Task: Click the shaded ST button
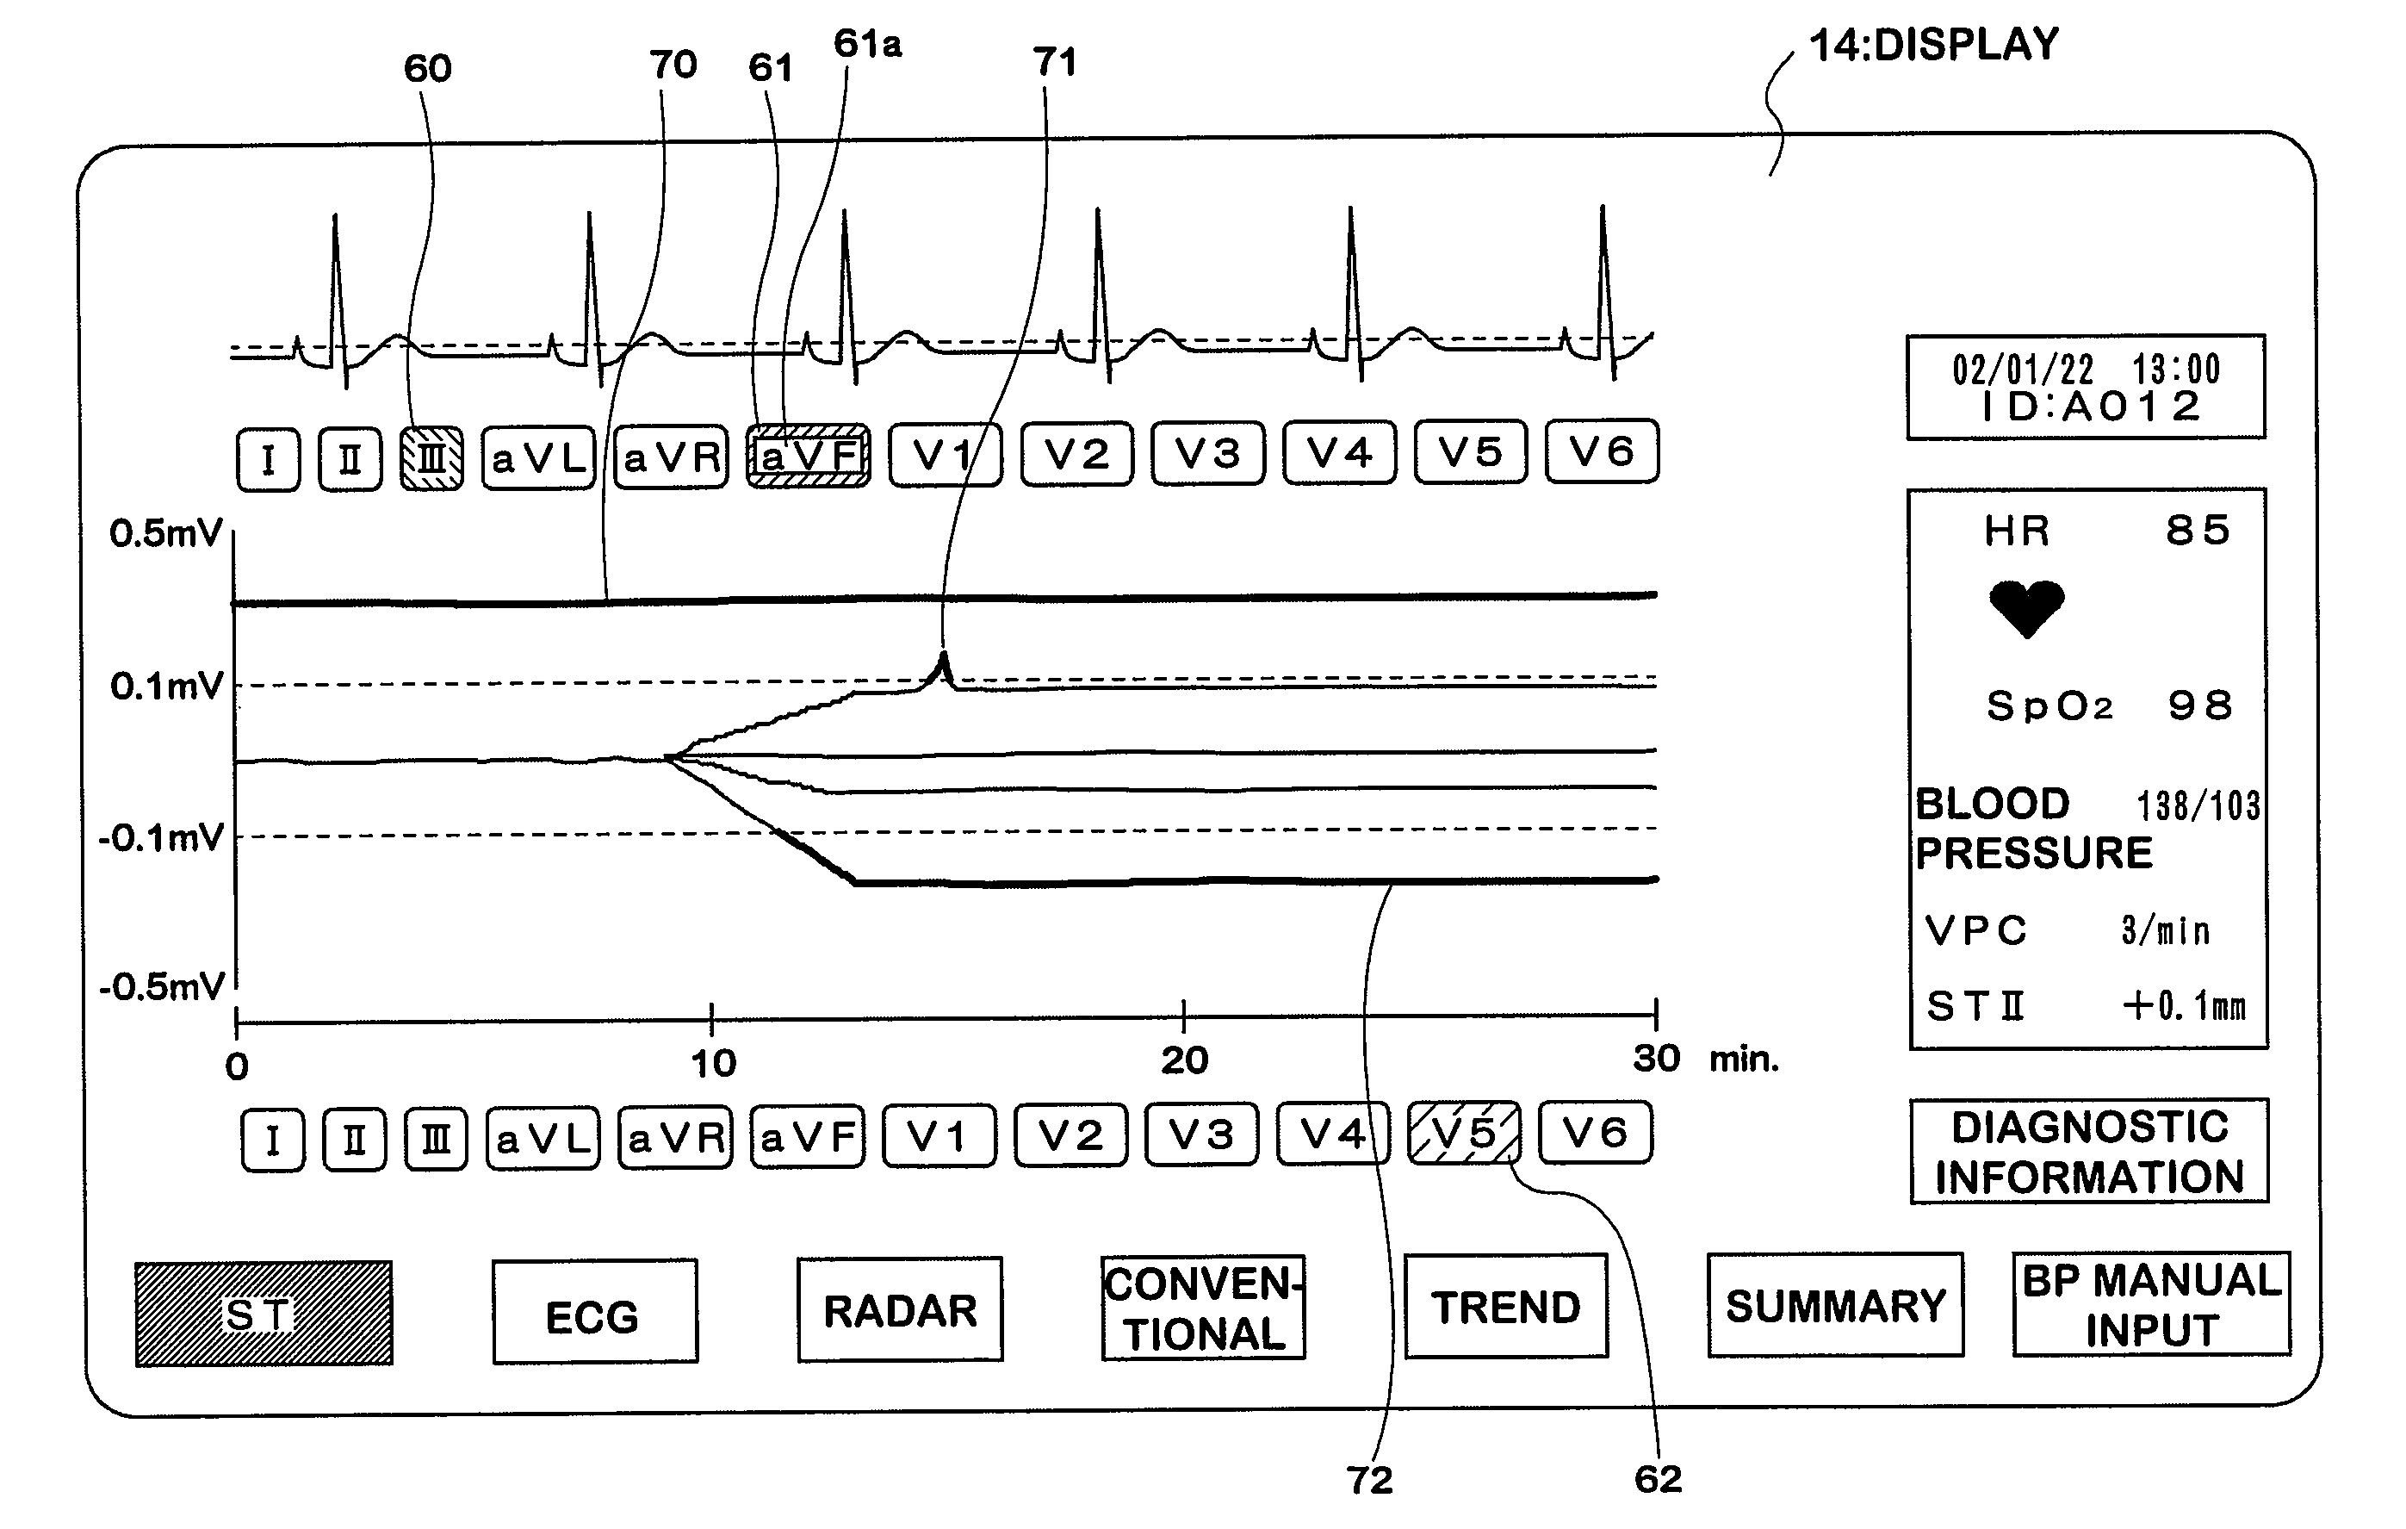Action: point(264,1313)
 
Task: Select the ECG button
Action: point(594,1311)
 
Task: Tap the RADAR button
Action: point(899,1309)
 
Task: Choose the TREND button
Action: point(1506,1306)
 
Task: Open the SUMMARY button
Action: point(1835,1305)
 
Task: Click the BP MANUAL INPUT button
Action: point(2151,1304)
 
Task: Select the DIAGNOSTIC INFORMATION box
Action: point(2089,1151)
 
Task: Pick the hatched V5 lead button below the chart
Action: point(1464,1134)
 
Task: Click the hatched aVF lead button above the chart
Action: point(809,457)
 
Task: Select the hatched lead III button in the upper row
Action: point(431,458)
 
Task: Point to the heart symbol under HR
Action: point(2026,606)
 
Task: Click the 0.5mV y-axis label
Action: point(164,534)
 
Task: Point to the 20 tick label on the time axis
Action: point(1184,1060)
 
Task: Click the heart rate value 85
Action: point(2197,531)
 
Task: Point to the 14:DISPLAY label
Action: point(1934,45)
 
